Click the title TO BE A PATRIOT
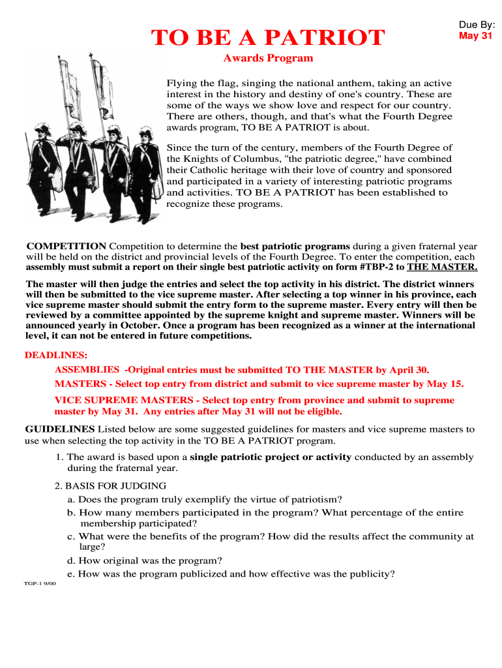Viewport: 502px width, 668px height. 268,38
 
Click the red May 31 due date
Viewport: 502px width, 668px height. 475,36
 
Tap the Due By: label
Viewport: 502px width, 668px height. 477,25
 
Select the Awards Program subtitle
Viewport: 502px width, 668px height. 268,58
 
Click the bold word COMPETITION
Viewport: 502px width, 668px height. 66,247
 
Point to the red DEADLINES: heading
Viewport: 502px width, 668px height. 56,356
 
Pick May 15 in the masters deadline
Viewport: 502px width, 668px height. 445,384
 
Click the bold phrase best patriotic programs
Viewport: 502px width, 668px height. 295,247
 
